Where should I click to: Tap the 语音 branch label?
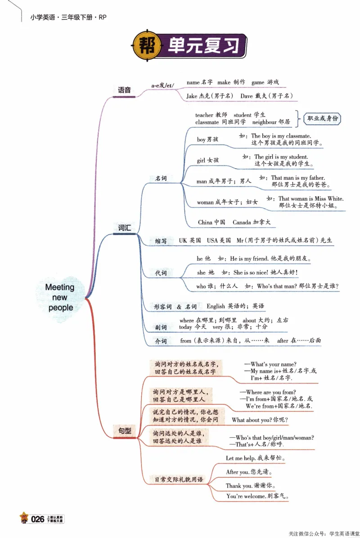[x=124, y=90]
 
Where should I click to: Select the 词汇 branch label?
[x=124, y=228]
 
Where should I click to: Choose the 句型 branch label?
[x=125, y=430]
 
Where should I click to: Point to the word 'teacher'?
[x=205, y=115]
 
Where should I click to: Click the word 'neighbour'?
[x=264, y=122]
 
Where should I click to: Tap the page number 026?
[x=37, y=519]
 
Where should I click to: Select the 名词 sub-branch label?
[x=161, y=179]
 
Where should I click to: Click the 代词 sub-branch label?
[x=161, y=273]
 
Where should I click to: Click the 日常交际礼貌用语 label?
[x=176, y=480]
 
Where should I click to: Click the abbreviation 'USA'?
[x=212, y=241]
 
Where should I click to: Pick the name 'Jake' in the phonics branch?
[x=192, y=96]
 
